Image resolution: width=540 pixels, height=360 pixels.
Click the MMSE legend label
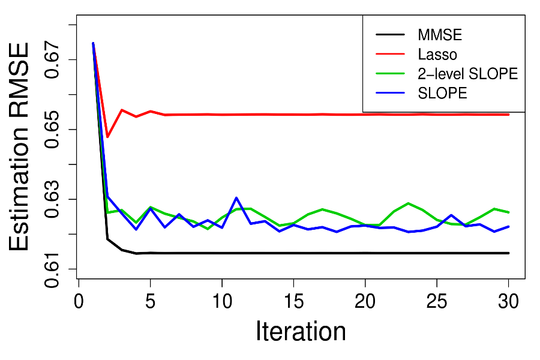click(x=440, y=34)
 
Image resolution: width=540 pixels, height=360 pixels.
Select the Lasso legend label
click(x=437, y=54)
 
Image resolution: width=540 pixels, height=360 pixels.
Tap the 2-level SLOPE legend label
click(x=467, y=74)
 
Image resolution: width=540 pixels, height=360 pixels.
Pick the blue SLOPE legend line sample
click(x=392, y=93)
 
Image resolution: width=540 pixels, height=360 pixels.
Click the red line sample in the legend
click(x=392, y=54)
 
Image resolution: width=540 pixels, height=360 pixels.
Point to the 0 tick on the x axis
click(x=79, y=300)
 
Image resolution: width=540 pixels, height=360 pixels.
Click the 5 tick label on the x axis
click(x=150, y=300)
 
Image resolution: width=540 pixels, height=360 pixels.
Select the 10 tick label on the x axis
click(x=221, y=300)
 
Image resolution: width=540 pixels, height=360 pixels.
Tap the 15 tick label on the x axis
click(x=293, y=300)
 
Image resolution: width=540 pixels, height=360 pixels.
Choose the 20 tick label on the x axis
click(x=365, y=300)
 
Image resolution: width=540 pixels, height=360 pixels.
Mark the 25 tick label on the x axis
click(x=437, y=300)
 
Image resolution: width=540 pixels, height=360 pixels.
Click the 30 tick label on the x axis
click(x=508, y=300)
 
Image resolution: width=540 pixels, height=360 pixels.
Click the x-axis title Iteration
click(x=301, y=332)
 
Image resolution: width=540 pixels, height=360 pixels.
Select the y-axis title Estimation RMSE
click(x=21, y=146)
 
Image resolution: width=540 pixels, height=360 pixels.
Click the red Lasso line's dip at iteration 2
click(x=107, y=137)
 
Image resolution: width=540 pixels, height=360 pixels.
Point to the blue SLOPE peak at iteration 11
click(x=236, y=197)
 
